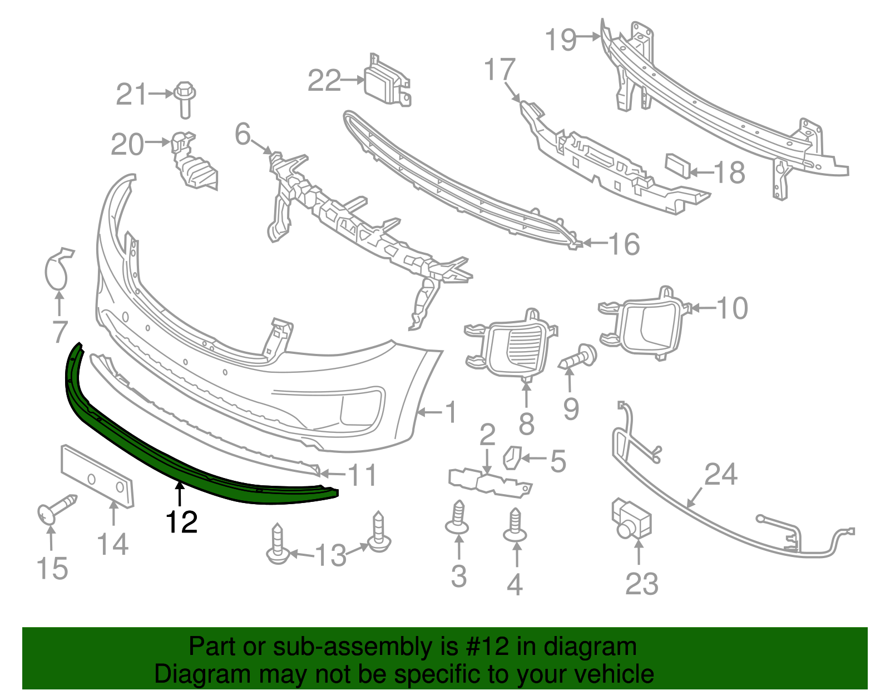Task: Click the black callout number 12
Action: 182,522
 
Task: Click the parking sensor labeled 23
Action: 631,518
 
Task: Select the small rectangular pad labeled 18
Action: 678,166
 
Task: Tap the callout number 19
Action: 561,40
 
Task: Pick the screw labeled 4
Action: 515,524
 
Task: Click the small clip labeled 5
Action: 511,457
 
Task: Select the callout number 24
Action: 721,475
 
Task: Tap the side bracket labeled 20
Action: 192,164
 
